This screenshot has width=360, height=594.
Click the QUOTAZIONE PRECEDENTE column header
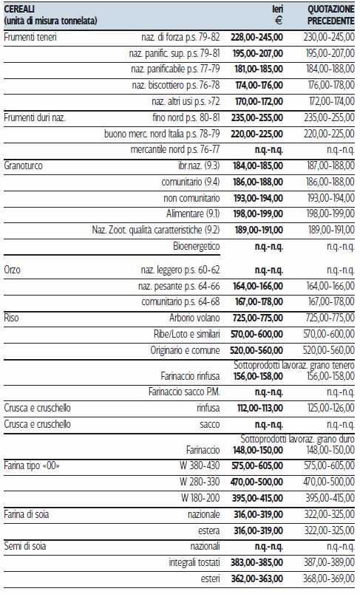tap(330, 15)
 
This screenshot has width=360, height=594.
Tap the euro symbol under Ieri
tap(278, 21)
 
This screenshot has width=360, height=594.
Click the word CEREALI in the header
tap(19, 9)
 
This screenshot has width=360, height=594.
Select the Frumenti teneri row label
tap(30, 37)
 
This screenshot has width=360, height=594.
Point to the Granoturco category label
tap(23, 165)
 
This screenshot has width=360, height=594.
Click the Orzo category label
tap(12, 270)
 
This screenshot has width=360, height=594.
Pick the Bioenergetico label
tap(197, 246)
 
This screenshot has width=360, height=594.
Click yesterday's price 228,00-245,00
tap(257, 37)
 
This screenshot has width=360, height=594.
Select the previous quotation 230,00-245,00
tap(329, 37)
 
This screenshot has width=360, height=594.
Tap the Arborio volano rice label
tap(194, 318)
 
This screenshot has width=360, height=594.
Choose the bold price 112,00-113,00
tap(260, 408)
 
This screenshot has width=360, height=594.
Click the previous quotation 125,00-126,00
tap(331, 408)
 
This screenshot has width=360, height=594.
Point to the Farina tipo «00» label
tap(32, 465)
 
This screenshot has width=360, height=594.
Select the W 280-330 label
tap(200, 482)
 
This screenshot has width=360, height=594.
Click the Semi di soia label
tap(24, 546)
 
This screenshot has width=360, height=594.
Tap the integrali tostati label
tap(194, 562)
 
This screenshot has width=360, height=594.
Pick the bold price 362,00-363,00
tap(257, 578)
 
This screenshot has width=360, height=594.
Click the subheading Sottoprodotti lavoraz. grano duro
tap(297, 439)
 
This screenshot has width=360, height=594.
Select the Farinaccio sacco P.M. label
tap(184, 392)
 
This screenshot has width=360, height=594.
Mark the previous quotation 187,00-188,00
tap(331, 165)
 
